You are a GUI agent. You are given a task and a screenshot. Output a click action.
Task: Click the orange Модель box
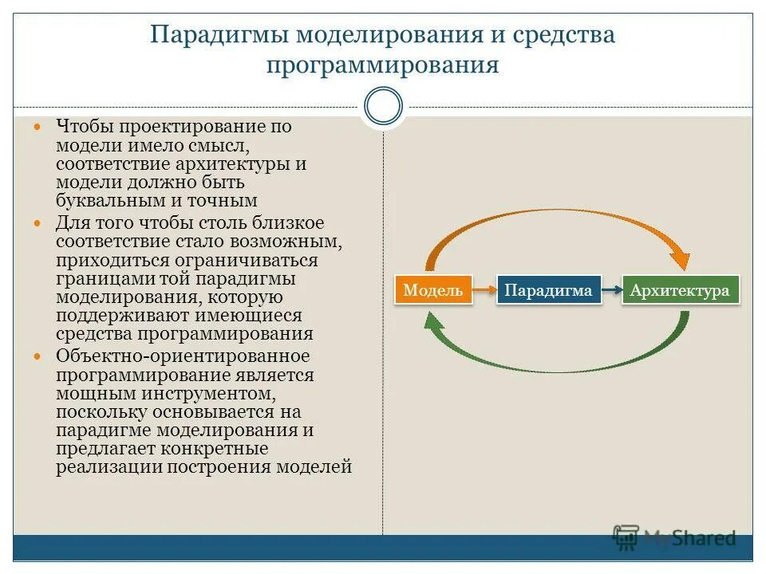(433, 290)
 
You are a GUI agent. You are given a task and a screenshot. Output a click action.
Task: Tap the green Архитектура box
(680, 290)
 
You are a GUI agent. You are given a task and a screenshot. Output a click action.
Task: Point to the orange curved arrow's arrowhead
(681, 260)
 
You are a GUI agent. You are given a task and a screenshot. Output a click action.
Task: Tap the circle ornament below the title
(383, 107)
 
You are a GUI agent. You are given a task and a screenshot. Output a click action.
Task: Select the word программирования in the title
(383, 65)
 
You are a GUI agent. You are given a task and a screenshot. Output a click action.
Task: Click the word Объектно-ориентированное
(183, 356)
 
